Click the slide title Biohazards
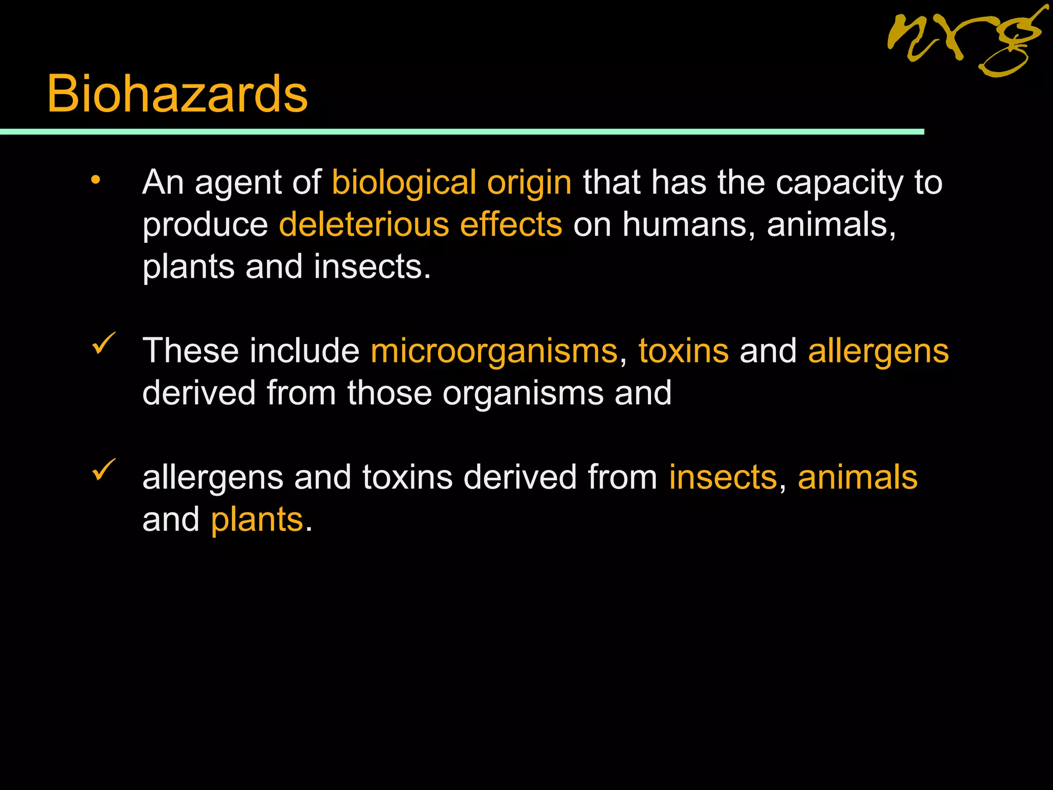click(177, 94)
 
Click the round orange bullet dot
click(96, 180)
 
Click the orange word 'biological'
click(404, 183)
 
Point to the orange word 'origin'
click(529, 183)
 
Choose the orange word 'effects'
click(511, 225)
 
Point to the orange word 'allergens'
click(878, 352)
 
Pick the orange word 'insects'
click(723, 477)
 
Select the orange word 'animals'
click(857, 477)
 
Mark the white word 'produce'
click(205, 226)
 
